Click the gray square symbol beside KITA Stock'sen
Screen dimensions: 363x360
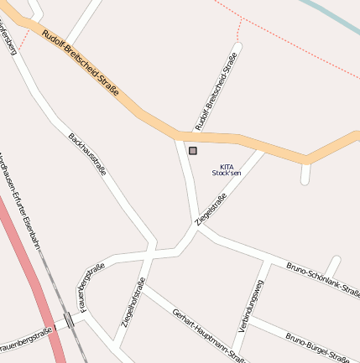193,151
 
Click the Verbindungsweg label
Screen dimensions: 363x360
250,306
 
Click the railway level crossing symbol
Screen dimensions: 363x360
69,319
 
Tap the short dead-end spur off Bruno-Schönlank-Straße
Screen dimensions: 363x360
333,266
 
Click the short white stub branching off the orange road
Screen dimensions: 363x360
305,173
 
